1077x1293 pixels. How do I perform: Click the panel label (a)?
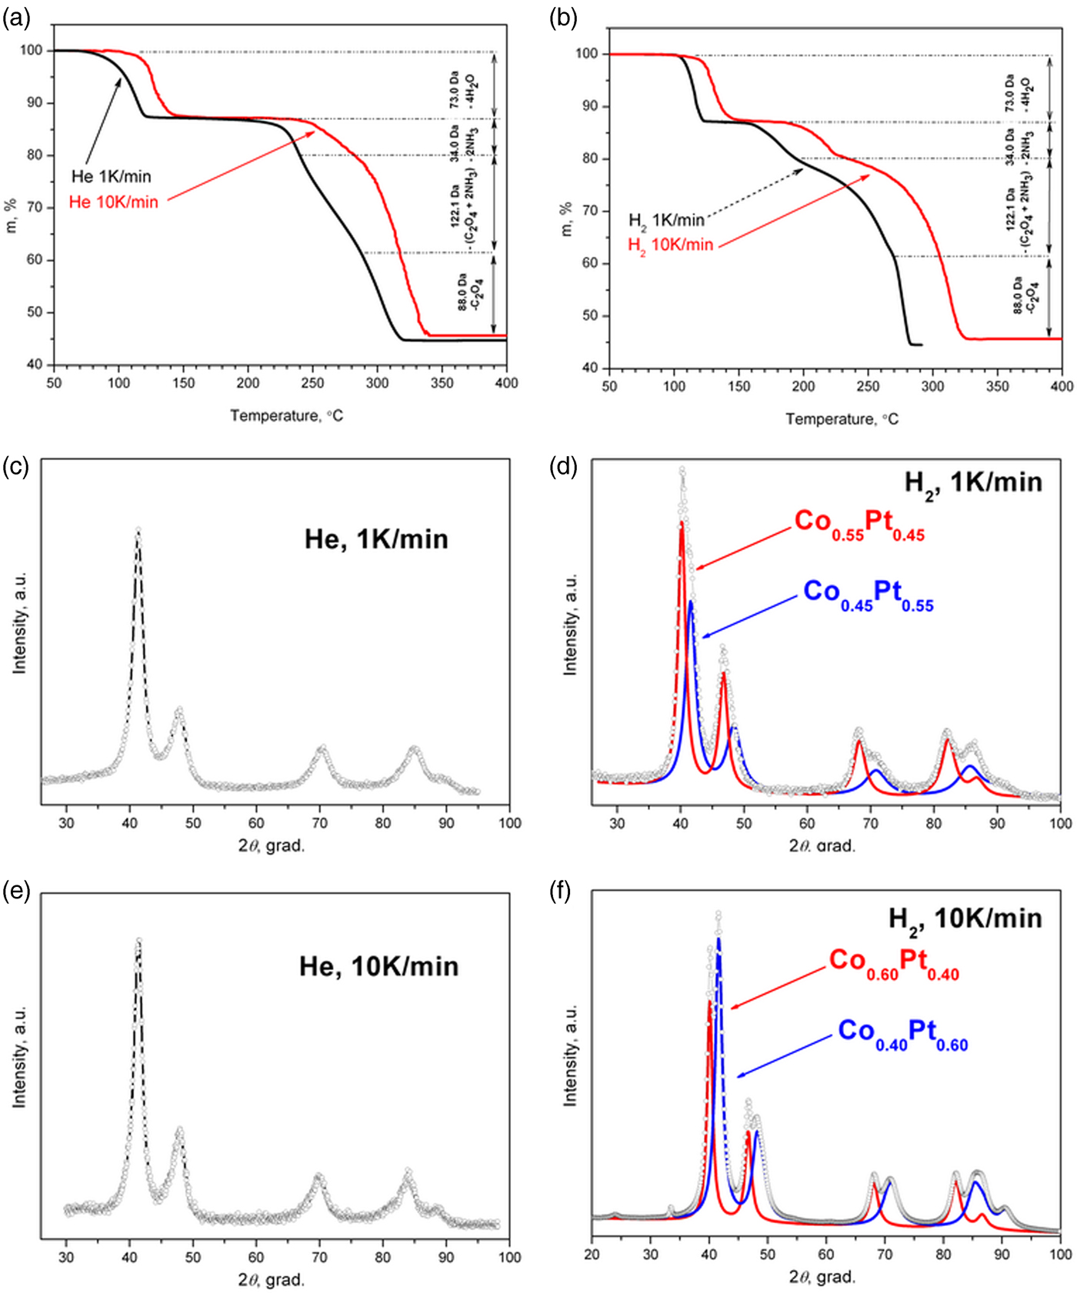click(16, 18)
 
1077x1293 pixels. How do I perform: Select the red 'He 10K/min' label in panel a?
click(113, 202)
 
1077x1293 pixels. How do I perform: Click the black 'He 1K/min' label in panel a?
click(111, 176)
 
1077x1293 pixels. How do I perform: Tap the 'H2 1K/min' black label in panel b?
click(666, 221)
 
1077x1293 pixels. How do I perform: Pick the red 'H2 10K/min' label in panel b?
click(670, 245)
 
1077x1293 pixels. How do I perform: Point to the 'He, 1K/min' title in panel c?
click(376, 539)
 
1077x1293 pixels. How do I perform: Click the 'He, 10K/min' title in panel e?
click(378, 967)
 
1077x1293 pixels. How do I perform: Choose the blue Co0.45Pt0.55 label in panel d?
click(868, 594)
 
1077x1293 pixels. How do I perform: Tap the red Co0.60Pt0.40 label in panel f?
click(894, 962)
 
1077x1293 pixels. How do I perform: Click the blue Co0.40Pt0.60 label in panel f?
click(902, 1033)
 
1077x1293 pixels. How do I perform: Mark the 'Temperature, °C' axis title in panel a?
click(286, 416)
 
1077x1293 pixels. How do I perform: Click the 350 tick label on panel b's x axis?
click(997, 386)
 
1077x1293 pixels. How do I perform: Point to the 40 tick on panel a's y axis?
click(35, 365)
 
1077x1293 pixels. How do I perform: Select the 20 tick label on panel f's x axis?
click(592, 1255)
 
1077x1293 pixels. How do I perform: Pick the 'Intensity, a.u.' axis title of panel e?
click(19, 1056)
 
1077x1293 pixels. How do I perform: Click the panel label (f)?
click(564, 892)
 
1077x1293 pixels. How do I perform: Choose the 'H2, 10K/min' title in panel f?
click(965, 919)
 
